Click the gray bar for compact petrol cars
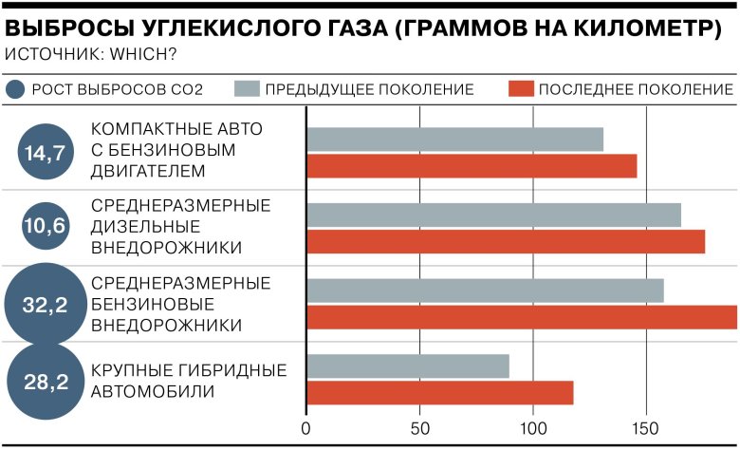pos(454,140)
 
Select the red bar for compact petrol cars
pos(472,166)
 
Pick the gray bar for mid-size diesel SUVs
pos(493,216)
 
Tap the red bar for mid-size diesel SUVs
pos(506,242)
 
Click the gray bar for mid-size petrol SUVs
pos(485,291)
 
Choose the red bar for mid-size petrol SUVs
pos(522,317)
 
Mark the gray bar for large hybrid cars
pos(408,366)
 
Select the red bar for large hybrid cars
pos(440,393)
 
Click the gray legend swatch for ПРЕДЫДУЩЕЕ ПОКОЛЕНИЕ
pos(246,90)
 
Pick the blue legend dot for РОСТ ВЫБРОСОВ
pos(14,90)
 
